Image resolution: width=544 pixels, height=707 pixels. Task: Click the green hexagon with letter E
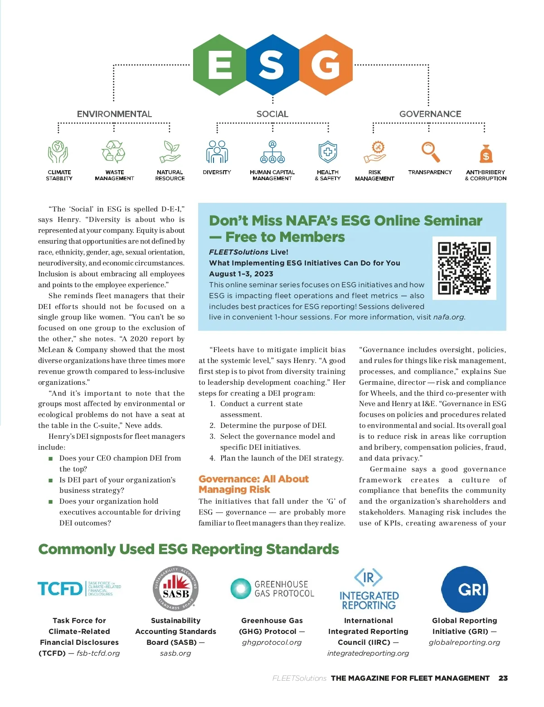click(219, 65)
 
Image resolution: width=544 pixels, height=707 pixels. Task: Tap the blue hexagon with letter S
click(272, 65)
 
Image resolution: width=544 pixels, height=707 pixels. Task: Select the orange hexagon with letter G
click(326, 65)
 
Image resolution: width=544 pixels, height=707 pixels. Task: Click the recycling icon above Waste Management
click(114, 152)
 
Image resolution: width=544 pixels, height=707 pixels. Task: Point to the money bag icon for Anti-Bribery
click(486, 153)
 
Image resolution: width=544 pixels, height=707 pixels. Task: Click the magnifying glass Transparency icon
click(430, 152)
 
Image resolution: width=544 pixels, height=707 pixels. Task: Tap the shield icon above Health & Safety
click(328, 152)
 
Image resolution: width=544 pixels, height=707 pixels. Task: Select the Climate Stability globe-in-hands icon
click(58, 152)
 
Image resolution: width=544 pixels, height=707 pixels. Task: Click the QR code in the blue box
click(464, 268)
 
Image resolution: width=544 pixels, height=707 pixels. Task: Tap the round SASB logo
click(176, 589)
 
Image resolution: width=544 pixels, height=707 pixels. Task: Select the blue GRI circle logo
click(465, 589)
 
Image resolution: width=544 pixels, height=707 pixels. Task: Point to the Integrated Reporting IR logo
click(369, 589)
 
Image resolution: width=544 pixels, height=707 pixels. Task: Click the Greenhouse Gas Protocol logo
click(272, 589)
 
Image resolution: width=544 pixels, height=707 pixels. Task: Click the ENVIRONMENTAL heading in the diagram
click(114, 114)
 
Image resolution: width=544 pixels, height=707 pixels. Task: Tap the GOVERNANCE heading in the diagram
click(430, 114)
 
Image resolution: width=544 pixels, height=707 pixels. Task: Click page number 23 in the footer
click(503, 678)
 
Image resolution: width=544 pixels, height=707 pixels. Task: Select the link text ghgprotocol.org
click(272, 642)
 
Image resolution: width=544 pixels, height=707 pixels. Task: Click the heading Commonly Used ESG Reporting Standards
click(189, 549)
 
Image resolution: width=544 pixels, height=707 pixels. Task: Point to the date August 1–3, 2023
click(241, 274)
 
